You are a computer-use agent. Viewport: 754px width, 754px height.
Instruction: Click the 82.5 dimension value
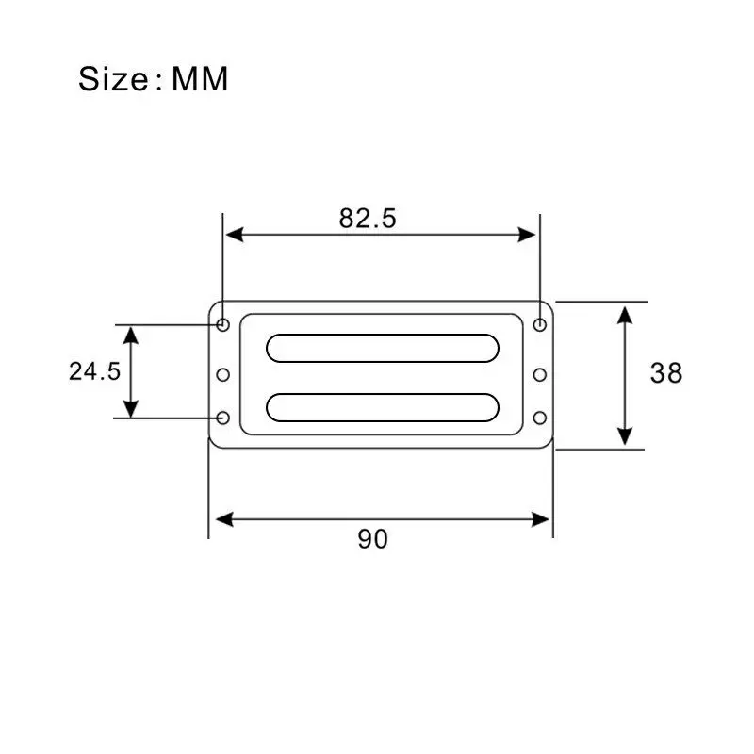pyautogui.click(x=368, y=219)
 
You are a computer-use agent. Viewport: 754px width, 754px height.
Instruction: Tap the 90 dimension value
pyautogui.click(x=372, y=539)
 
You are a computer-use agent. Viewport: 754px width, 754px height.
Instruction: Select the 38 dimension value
pyautogui.click(x=666, y=373)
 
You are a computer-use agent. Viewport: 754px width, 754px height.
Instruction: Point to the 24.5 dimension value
pyautogui.click(x=95, y=371)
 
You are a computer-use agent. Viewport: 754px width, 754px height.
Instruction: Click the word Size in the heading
pyautogui.click(x=113, y=79)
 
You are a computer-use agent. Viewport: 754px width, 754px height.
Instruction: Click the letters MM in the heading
pyautogui.click(x=200, y=79)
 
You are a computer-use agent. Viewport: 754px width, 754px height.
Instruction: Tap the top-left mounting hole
pyautogui.click(x=222, y=324)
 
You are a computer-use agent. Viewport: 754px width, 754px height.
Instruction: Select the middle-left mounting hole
pyautogui.click(x=222, y=374)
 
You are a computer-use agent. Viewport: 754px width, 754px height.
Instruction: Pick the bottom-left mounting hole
pyautogui.click(x=222, y=418)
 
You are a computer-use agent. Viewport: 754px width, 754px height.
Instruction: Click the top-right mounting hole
pyautogui.click(x=540, y=325)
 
